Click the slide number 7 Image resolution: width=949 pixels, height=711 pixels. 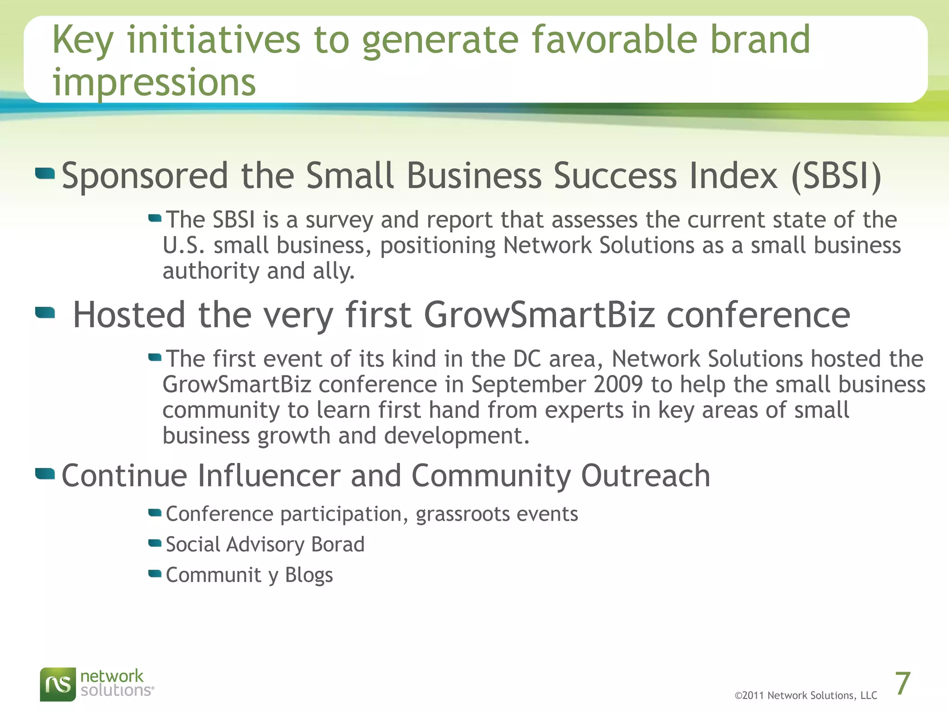tap(903, 684)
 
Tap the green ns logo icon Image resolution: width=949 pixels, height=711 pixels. tap(58, 684)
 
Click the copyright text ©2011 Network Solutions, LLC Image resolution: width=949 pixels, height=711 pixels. tap(806, 696)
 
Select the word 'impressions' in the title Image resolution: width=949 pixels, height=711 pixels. tap(154, 82)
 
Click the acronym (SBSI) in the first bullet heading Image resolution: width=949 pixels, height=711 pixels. tap(836, 176)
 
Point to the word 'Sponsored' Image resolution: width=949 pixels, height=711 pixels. tap(145, 177)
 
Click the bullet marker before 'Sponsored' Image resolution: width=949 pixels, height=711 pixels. tap(45, 174)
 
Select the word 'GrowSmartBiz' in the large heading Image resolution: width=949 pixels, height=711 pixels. tap(539, 315)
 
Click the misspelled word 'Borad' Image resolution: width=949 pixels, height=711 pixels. tap(338, 544)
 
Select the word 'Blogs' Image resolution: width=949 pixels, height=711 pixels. tap(309, 575)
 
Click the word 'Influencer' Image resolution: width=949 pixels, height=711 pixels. tap(269, 476)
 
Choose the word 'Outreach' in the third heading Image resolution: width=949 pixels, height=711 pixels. tap(645, 476)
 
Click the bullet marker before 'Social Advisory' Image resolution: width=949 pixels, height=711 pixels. tap(155, 543)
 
